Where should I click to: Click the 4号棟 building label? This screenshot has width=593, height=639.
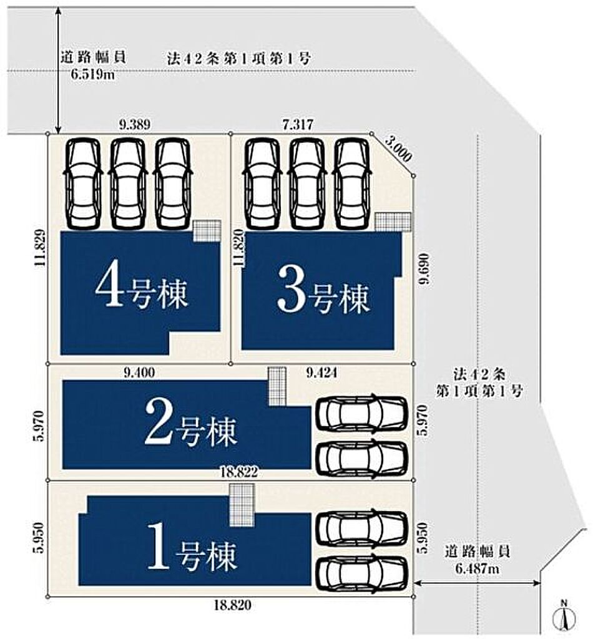(141, 291)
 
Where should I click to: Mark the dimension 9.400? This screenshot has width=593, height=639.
(140, 373)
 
